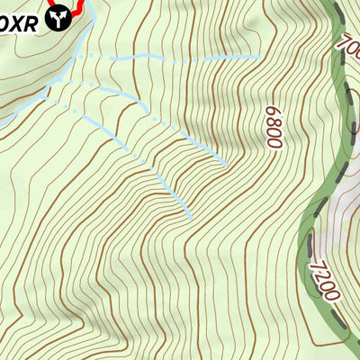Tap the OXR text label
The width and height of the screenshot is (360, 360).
click(20, 22)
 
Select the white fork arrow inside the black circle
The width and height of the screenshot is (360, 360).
click(59, 16)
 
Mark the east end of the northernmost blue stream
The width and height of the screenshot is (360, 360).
click(260, 57)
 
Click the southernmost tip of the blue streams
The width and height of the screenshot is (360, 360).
click(191, 217)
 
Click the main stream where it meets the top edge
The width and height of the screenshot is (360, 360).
click(91, 3)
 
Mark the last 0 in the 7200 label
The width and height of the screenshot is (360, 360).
click(330, 295)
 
